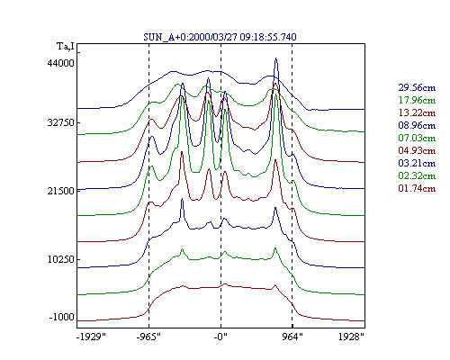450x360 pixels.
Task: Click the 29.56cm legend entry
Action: tap(417, 87)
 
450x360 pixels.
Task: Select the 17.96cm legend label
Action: tap(417, 100)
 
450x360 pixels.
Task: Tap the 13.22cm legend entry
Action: tap(417, 112)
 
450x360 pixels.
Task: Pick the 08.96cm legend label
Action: tap(417, 125)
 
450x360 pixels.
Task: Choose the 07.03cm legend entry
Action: tap(417, 138)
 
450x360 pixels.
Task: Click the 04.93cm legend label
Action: tap(417, 150)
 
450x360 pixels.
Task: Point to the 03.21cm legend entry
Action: tap(417, 163)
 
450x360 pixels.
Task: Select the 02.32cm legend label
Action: tap(417, 175)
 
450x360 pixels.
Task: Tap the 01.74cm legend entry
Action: tap(417, 188)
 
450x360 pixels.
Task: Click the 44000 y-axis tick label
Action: tap(60, 63)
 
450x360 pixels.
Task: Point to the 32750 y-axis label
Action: tap(60, 123)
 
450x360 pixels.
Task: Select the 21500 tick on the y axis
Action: tap(60, 191)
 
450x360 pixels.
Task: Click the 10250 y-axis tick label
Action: tap(60, 259)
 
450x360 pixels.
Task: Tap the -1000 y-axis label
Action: tap(61, 317)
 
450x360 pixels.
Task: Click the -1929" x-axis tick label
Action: tap(91, 337)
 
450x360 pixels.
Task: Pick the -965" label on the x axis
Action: tap(148, 337)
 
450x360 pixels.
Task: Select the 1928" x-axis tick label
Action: tap(351, 337)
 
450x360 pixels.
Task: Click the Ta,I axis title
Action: tap(66, 47)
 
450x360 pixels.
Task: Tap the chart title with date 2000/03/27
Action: tap(220, 37)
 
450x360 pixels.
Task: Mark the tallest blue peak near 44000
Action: tap(275, 58)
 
